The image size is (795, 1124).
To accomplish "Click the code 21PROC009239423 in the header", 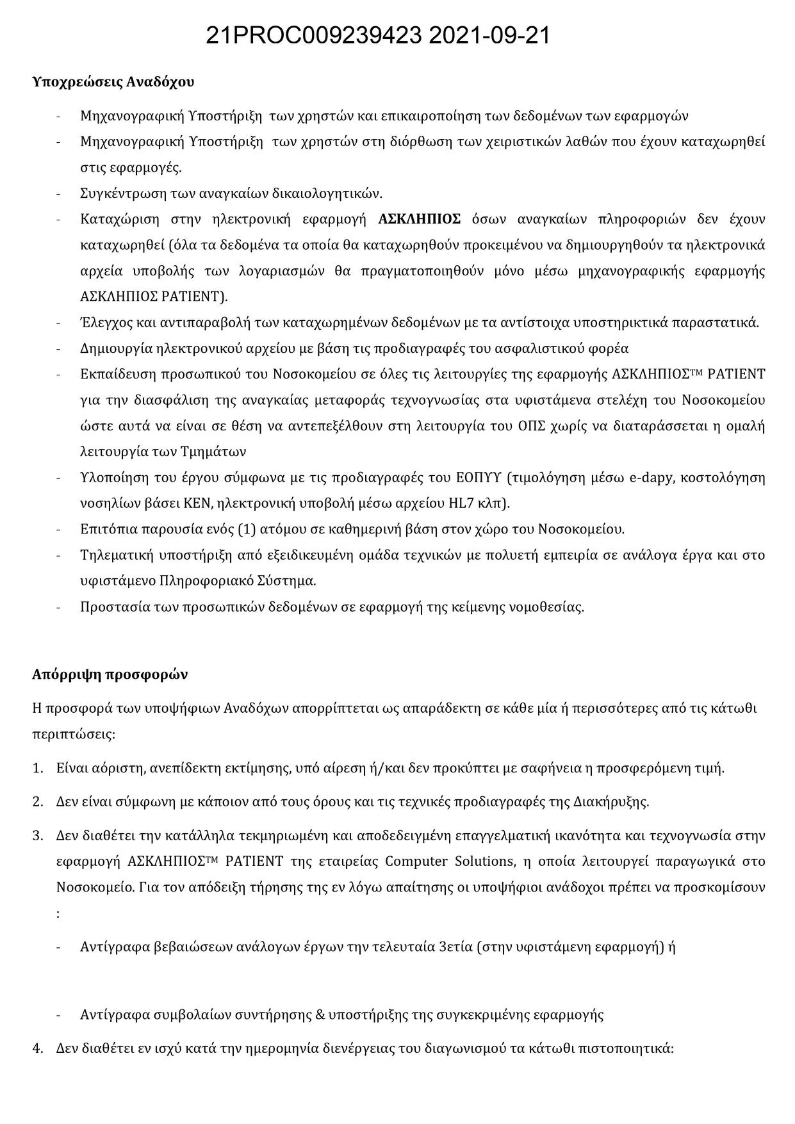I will pos(313,37).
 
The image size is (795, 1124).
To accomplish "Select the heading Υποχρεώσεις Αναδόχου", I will pos(113,82).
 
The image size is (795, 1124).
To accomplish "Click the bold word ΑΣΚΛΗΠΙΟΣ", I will pos(420,219).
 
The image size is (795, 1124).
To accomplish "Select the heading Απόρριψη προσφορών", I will pos(110,674).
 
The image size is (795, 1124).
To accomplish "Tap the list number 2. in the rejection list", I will pos(38,802).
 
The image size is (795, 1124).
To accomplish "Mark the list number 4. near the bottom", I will pos(38,1048).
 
